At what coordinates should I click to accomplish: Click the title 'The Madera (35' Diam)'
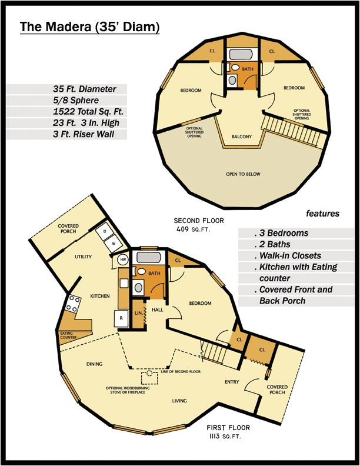click(90, 27)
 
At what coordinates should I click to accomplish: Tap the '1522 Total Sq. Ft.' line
click(88, 112)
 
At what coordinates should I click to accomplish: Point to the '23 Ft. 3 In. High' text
click(86, 123)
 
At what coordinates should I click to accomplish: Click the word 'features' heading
click(322, 214)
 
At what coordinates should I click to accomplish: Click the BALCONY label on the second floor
click(241, 137)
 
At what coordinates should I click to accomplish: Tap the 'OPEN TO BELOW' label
click(243, 174)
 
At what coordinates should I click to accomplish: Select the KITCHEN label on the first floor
click(99, 296)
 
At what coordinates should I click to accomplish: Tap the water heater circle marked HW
click(124, 259)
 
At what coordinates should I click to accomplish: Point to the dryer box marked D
click(104, 232)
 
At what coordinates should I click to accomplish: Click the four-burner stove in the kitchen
click(73, 304)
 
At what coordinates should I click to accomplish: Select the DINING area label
click(94, 364)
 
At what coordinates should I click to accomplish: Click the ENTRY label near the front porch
click(232, 382)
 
